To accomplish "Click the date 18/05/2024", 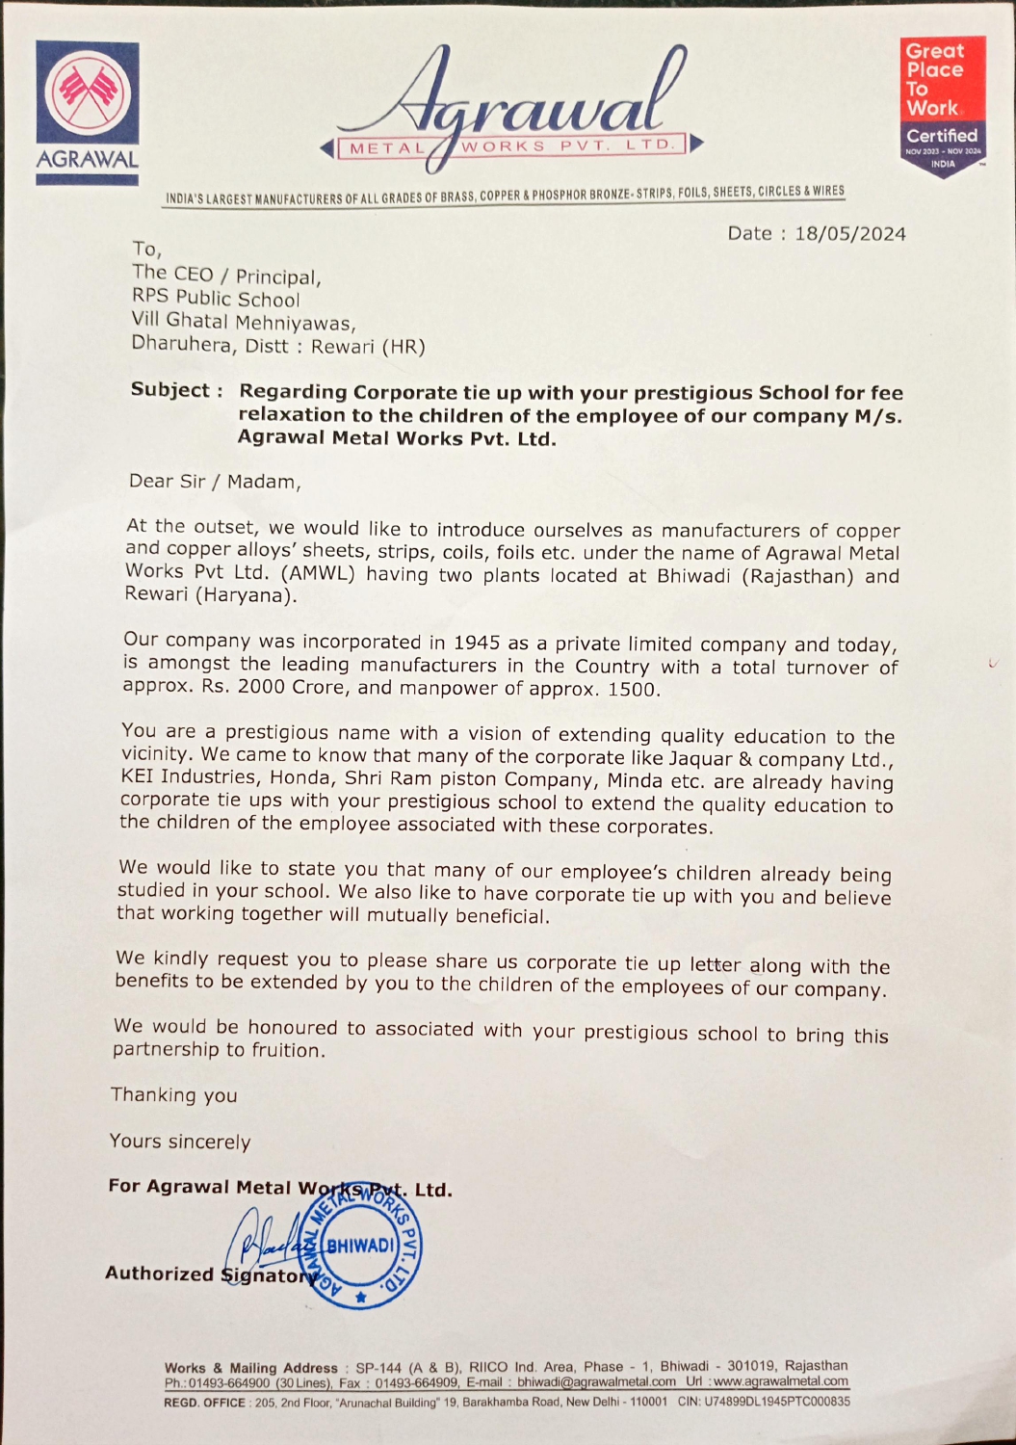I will click(x=849, y=234).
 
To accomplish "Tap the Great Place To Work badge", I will click(x=943, y=106).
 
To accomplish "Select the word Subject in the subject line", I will click(x=170, y=390).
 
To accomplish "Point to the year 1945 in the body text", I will click(x=477, y=643).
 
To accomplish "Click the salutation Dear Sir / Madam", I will click(x=215, y=481).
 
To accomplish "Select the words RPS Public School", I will click(x=216, y=299).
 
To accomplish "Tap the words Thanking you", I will click(x=173, y=1095).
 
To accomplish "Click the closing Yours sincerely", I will click(x=179, y=1142).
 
